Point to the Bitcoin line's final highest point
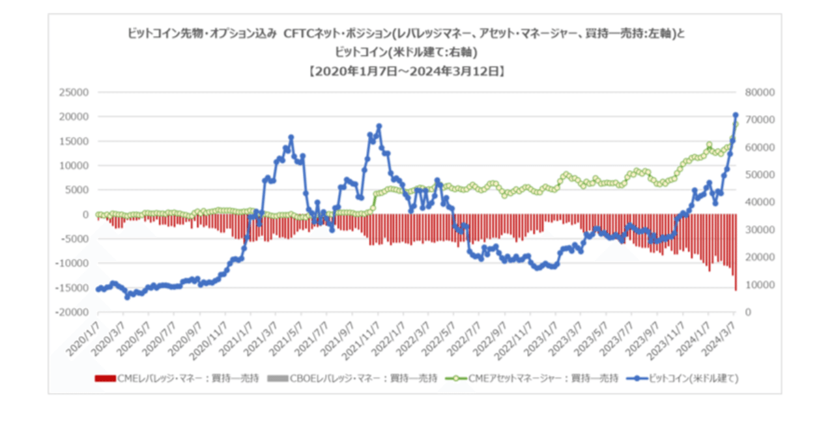736,115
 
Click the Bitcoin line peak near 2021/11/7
379,126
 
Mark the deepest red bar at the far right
736,289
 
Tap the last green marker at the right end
736,124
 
